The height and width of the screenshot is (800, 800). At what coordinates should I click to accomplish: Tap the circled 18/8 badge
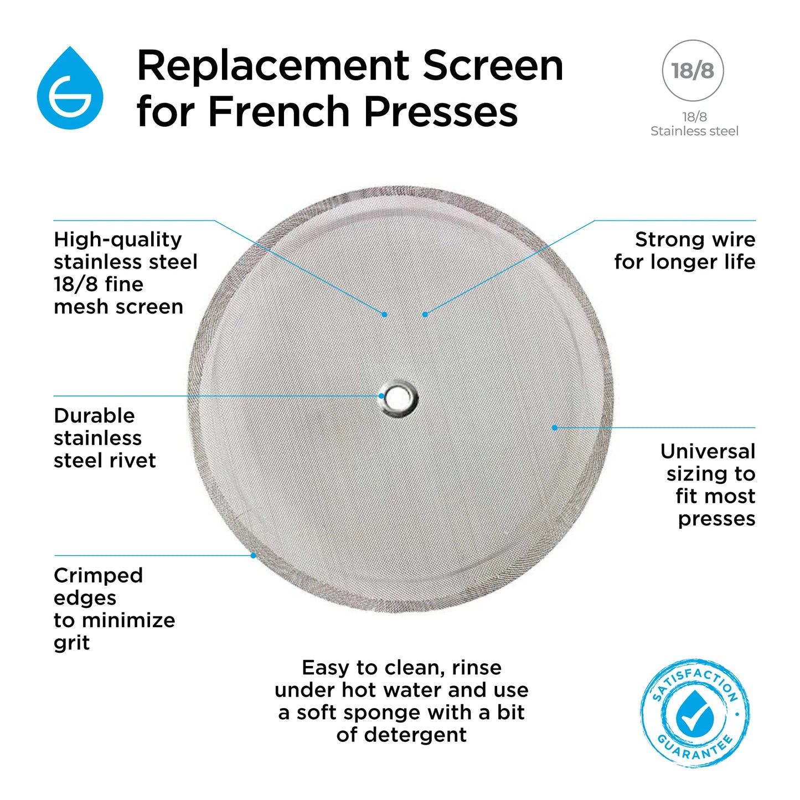pos(693,70)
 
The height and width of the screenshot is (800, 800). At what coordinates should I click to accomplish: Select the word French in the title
pos(278,111)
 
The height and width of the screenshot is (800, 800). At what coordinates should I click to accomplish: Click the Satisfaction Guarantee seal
pos(695,713)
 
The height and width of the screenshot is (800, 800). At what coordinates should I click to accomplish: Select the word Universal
pos(708,451)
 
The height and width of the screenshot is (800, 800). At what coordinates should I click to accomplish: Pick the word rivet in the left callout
pos(132,461)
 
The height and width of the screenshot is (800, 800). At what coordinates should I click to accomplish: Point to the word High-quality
pos(118,240)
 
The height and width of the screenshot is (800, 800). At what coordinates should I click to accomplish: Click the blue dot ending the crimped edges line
pos(253,555)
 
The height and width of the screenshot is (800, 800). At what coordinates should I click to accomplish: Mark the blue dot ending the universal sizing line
pos(555,427)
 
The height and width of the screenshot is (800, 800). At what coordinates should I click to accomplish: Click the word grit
pos(71,643)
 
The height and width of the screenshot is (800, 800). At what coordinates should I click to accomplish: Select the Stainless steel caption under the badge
pos(694,131)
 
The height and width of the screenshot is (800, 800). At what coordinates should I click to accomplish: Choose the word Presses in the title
pos(441,111)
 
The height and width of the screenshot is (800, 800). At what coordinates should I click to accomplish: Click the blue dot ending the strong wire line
pos(425,314)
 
